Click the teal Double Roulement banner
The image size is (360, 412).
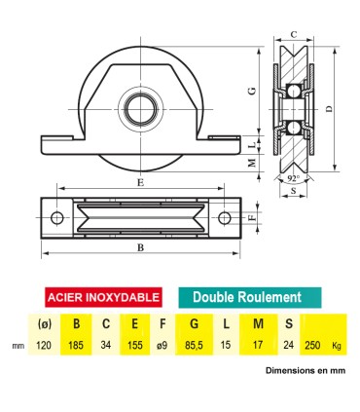click(x=246, y=297)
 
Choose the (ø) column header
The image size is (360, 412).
click(x=44, y=325)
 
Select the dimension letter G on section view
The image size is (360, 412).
click(x=252, y=90)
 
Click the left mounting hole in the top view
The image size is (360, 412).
click(x=57, y=217)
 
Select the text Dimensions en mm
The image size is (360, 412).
click(x=305, y=370)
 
